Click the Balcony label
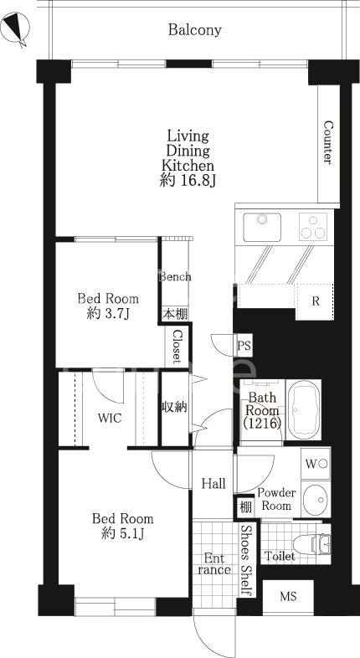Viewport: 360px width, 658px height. (195, 30)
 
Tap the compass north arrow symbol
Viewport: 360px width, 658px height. (16, 28)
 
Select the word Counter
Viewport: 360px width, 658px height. (328, 142)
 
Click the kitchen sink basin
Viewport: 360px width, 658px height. (262, 227)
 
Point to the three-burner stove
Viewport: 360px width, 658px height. (313, 227)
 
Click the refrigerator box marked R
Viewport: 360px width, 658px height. (315, 301)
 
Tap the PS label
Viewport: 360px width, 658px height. (244, 347)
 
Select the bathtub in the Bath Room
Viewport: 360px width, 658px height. (304, 409)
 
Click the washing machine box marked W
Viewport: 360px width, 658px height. (316, 464)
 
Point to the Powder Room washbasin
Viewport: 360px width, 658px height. (316, 500)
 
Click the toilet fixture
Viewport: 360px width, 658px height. (311, 545)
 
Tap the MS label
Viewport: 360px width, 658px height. (288, 596)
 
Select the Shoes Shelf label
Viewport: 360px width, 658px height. (247, 559)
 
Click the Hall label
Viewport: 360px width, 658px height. (213, 484)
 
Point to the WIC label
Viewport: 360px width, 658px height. (110, 418)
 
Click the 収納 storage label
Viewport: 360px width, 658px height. (174, 407)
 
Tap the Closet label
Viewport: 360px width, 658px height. (177, 347)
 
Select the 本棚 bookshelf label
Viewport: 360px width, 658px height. (175, 314)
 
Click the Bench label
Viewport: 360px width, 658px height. (175, 277)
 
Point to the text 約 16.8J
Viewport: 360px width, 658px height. (188, 180)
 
